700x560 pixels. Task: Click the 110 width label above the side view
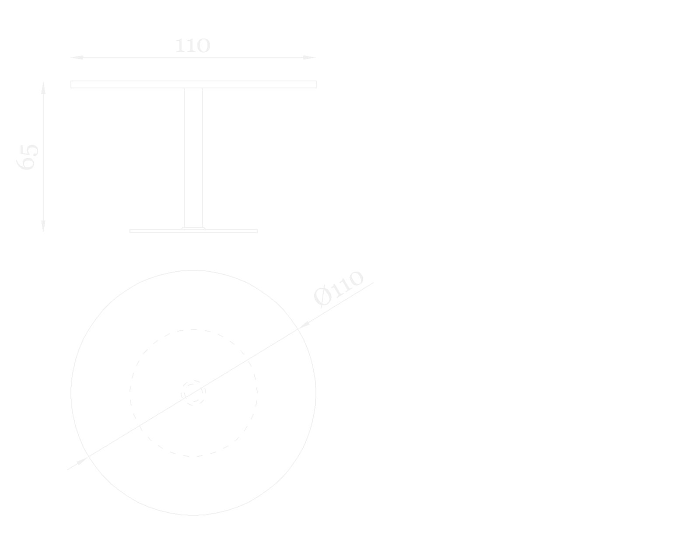[192, 46]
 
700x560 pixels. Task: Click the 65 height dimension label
[28, 156]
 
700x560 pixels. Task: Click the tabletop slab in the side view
[193, 84]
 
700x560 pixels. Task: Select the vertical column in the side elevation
[193, 157]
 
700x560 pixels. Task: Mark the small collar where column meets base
[193, 227]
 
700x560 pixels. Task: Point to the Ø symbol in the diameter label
[322, 297]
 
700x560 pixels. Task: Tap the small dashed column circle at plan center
[193, 393]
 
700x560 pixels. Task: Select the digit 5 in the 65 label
[28, 150]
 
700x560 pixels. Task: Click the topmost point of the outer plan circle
[193, 270]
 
